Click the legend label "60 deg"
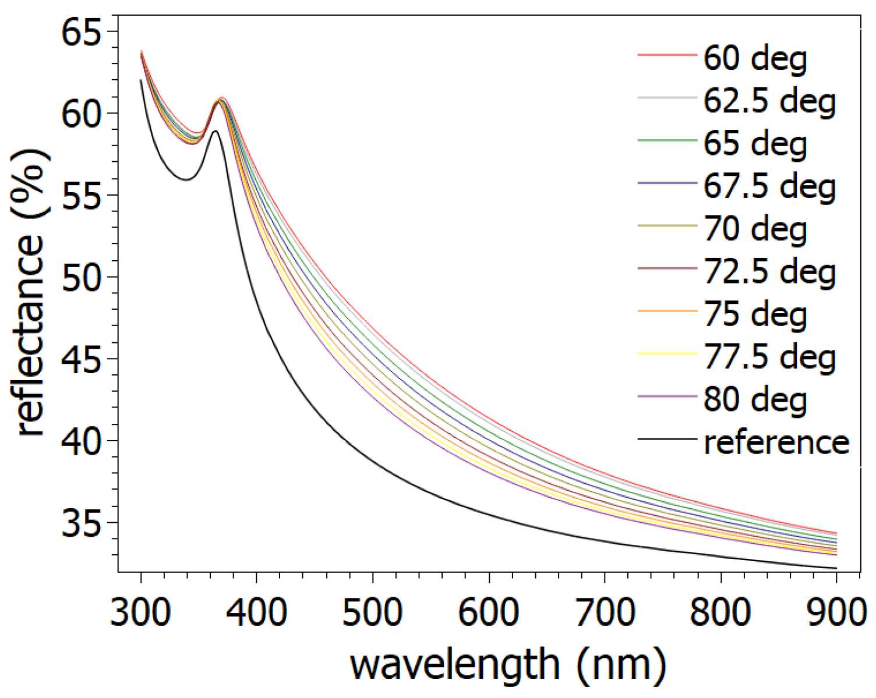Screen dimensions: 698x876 tap(755, 58)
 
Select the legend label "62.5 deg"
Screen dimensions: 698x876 tap(769, 101)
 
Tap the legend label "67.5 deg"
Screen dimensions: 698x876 tap(769, 186)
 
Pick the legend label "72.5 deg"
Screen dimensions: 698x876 tap(769, 272)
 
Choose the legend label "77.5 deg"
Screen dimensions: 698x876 tap(769, 357)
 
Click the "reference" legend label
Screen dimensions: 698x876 tap(776, 442)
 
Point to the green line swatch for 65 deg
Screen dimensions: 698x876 tap(667, 140)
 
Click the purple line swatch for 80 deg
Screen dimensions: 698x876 tap(667, 396)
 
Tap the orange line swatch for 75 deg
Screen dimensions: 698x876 tap(667, 311)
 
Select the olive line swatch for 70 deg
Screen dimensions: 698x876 tap(667, 226)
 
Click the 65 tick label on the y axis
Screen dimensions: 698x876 tap(81, 32)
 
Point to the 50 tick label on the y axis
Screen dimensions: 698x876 tap(81, 278)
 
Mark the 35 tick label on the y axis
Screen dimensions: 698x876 tap(81, 523)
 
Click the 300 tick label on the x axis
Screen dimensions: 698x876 tap(141, 612)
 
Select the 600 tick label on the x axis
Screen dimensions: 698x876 tap(489, 612)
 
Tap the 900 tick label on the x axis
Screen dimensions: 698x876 tap(835, 612)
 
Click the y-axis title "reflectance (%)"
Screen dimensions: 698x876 tap(30, 291)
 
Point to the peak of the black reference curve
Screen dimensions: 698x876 tap(215, 131)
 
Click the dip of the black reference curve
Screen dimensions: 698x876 tap(186, 179)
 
